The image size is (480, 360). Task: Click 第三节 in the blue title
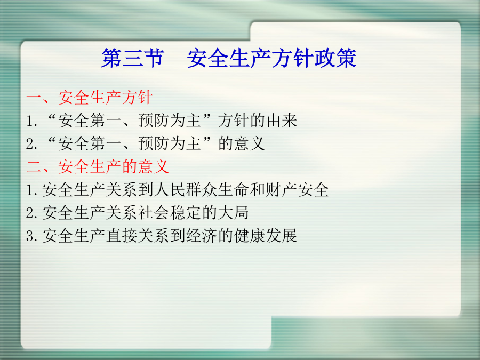point(133,58)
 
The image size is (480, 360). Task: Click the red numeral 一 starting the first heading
point(34,98)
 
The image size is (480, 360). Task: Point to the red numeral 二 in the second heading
point(34,167)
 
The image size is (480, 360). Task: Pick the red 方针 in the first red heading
point(137,98)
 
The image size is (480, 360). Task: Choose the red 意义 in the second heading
point(154,167)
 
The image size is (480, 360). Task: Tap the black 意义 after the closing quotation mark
point(249,143)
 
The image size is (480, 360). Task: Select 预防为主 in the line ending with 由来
point(170,121)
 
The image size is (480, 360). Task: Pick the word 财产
point(281,189)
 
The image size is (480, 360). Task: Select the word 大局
point(233,212)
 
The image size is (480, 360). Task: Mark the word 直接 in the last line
point(122,235)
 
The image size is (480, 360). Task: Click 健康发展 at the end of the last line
point(266,235)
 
